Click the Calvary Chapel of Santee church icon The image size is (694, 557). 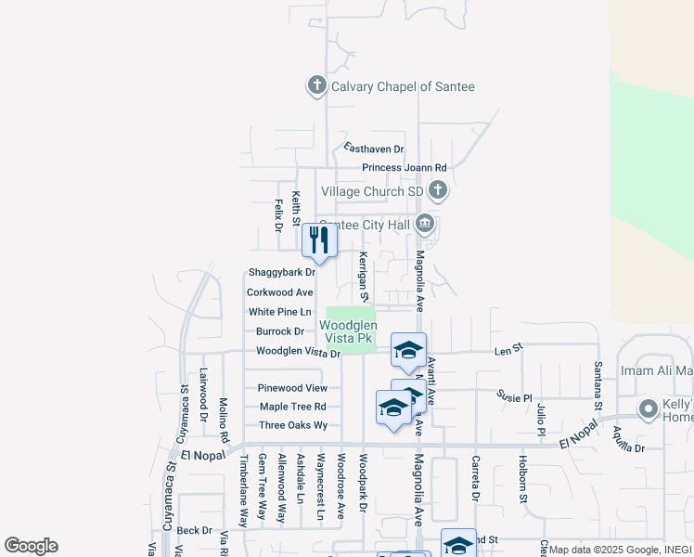click(x=316, y=86)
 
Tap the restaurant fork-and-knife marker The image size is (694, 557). click(x=318, y=240)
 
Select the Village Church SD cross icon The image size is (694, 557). click(x=438, y=191)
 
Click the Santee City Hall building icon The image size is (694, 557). click(x=425, y=224)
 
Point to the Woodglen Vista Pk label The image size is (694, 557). click(x=348, y=332)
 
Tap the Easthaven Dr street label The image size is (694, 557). click(x=374, y=149)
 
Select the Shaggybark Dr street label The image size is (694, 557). click(x=282, y=273)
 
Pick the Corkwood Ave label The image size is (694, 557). click(x=279, y=291)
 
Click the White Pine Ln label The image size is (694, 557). click(x=279, y=312)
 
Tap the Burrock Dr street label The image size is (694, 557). click(x=280, y=331)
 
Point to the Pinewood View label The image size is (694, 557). click(x=292, y=388)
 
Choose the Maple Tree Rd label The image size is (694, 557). click(x=292, y=407)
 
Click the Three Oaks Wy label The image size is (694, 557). click(x=293, y=425)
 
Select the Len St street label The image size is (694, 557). click(x=508, y=348)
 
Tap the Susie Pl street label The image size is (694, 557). click(x=514, y=397)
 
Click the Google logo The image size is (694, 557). click(x=31, y=546)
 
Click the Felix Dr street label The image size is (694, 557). click(x=277, y=214)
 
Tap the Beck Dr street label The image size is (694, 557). click(x=195, y=530)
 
